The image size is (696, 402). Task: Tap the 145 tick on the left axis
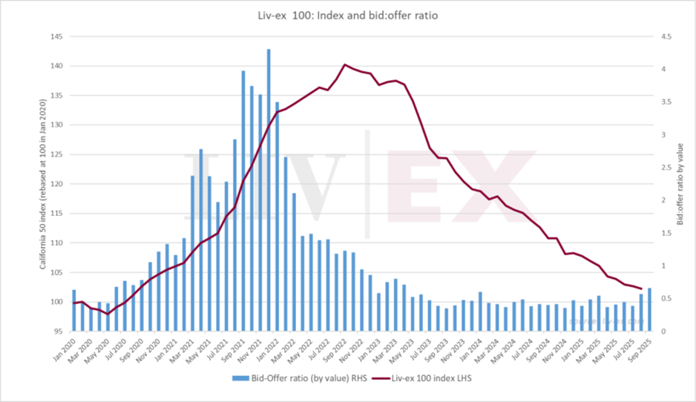tap(56, 36)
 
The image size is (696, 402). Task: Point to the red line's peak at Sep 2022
tap(344, 65)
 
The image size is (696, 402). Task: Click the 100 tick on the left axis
tap(56, 302)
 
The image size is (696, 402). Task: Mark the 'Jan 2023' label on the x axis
tap(373, 350)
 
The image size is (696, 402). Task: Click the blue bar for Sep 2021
tap(243, 200)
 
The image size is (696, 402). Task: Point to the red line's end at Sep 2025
tap(640, 289)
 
